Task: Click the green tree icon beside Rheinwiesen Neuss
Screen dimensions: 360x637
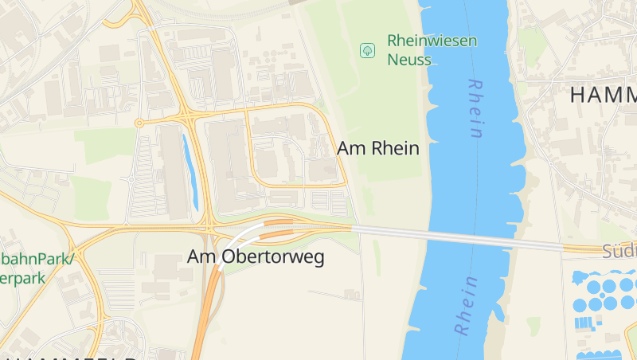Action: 367,50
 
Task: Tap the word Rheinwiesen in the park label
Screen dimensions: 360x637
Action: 432,40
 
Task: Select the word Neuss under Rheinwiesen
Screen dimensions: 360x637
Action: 408,60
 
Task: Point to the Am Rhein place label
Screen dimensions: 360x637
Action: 377,148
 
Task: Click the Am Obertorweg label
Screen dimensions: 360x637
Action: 256,257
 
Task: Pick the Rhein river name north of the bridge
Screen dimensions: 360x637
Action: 475,108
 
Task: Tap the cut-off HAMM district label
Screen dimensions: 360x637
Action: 603,95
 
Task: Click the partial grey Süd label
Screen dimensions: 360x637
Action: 619,252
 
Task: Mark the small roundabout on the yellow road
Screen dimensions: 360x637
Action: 139,123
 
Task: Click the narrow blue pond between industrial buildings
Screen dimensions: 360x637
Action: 191,170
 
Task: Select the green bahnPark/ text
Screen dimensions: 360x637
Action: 37,260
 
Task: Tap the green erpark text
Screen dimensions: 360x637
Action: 22,279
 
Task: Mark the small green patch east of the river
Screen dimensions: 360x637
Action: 533,326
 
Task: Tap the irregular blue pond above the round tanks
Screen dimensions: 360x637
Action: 579,277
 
